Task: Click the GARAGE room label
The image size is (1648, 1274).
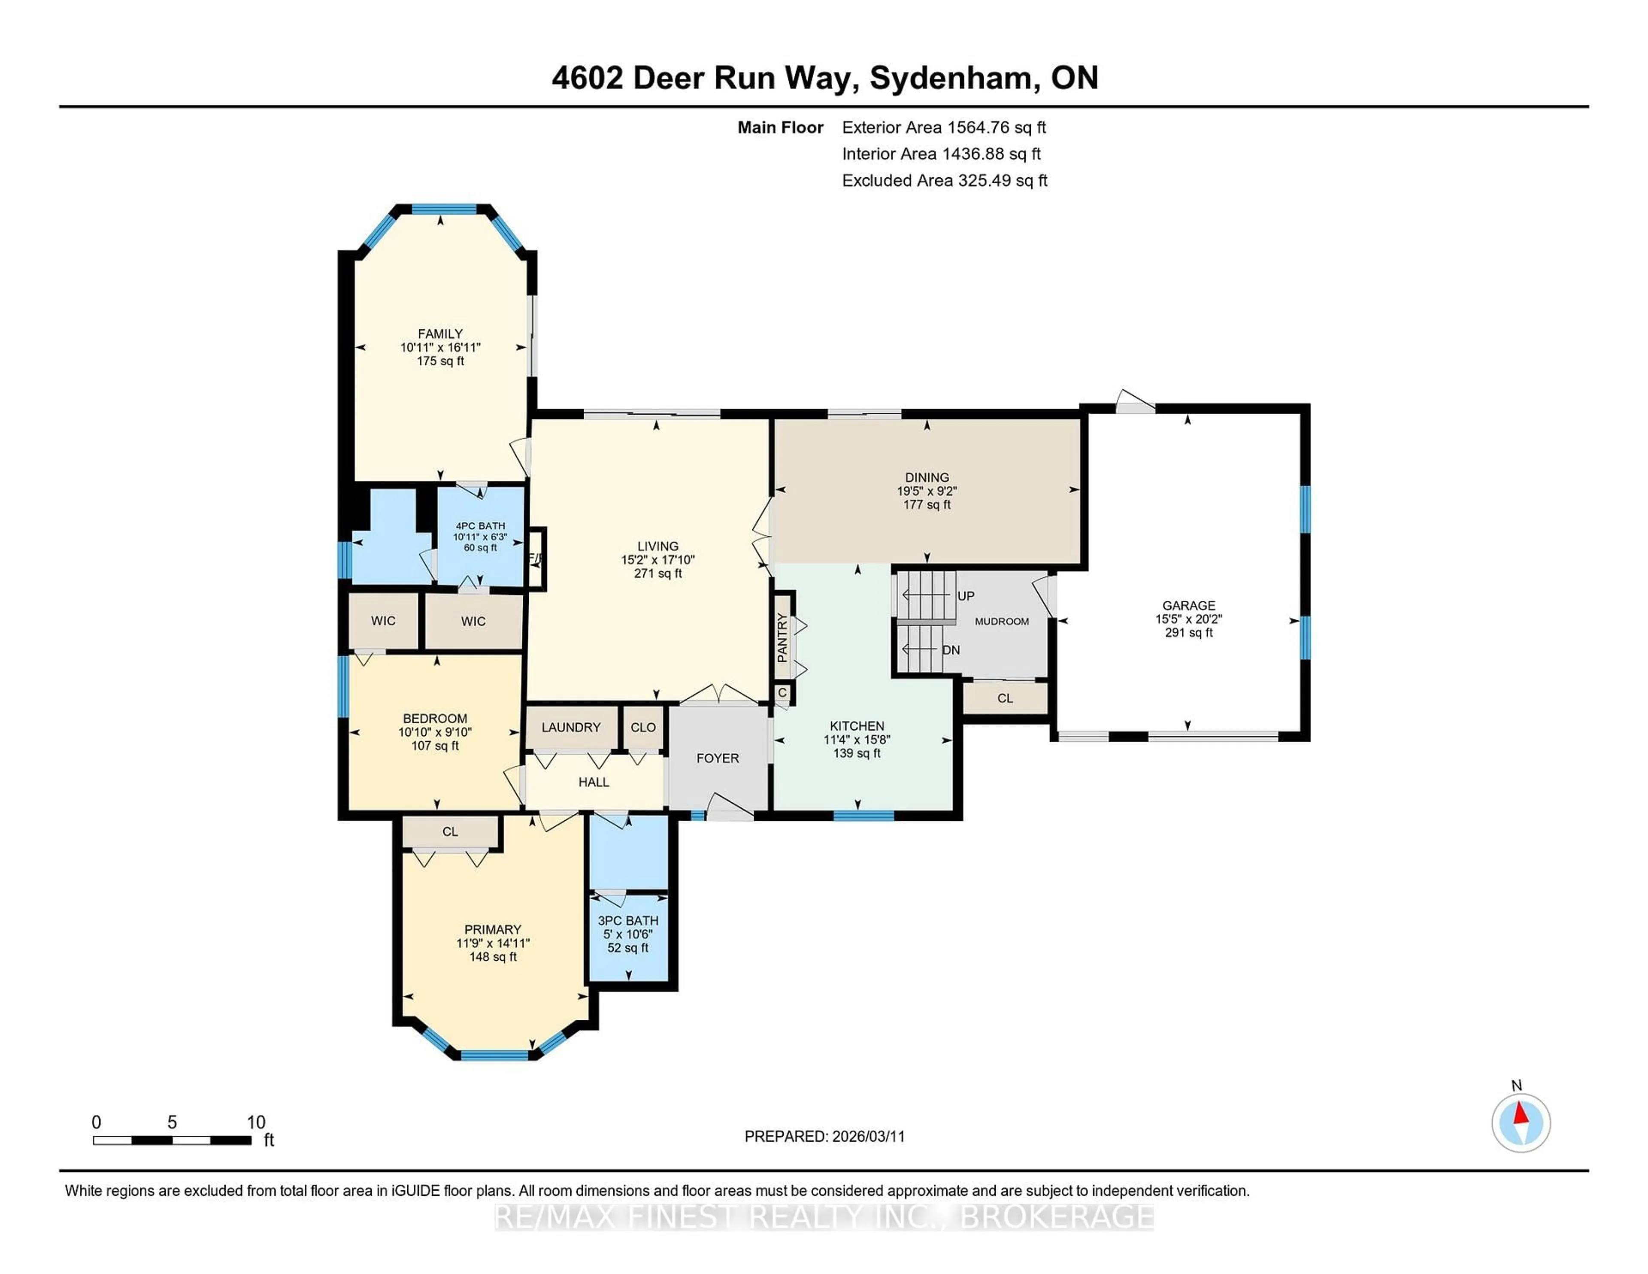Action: tap(1188, 605)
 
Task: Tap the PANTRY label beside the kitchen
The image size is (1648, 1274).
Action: tap(782, 638)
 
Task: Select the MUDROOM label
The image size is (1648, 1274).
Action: tap(1001, 621)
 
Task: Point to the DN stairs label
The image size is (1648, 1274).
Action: tap(951, 650)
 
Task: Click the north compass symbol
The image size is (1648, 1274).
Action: tap(1521, 1122)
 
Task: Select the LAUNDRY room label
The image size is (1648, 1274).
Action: tap(570, 727)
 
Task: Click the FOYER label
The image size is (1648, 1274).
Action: tap(718, 758)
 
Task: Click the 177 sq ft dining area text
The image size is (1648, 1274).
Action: tap(927, 504)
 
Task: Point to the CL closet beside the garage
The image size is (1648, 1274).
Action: tap(1005, 698)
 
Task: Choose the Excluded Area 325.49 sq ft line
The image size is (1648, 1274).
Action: tap(944, 180)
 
